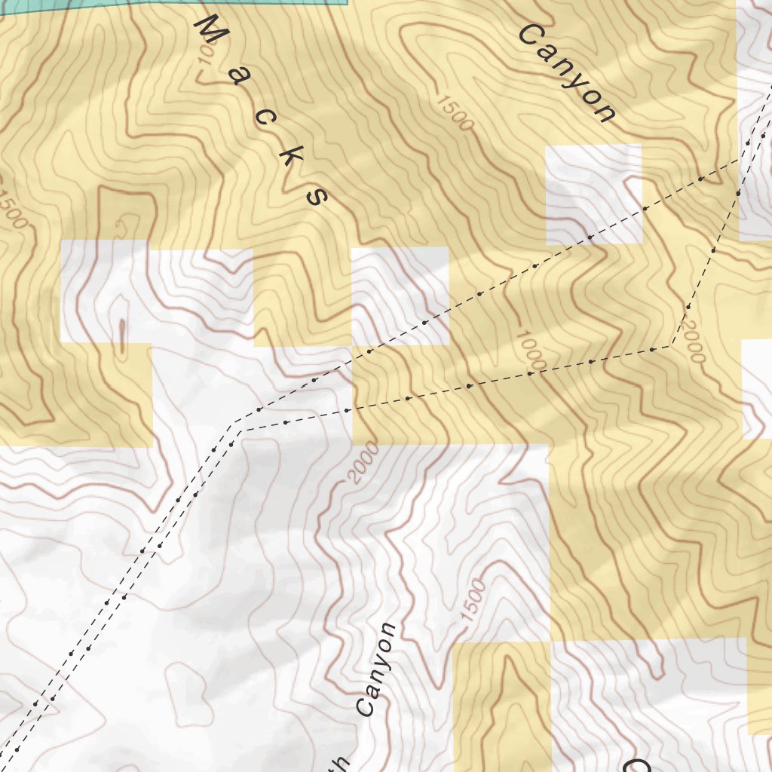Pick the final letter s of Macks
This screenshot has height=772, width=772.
316,195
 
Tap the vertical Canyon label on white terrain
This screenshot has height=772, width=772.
376,669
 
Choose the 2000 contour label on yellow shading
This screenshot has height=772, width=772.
691,340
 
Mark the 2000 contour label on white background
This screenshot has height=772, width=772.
365,465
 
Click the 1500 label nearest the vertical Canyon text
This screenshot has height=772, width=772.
473,601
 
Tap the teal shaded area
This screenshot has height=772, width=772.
226,3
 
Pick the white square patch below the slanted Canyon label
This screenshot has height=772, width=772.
593,194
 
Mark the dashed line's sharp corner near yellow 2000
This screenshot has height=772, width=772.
671,346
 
